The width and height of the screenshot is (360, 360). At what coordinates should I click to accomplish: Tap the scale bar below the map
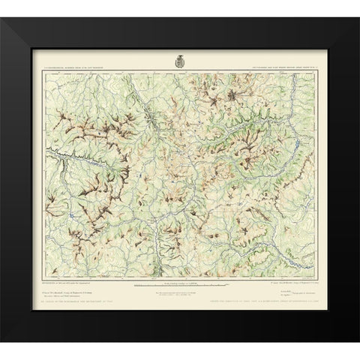click(179, 287)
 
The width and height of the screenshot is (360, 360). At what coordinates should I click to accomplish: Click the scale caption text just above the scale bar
click(179, 281)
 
